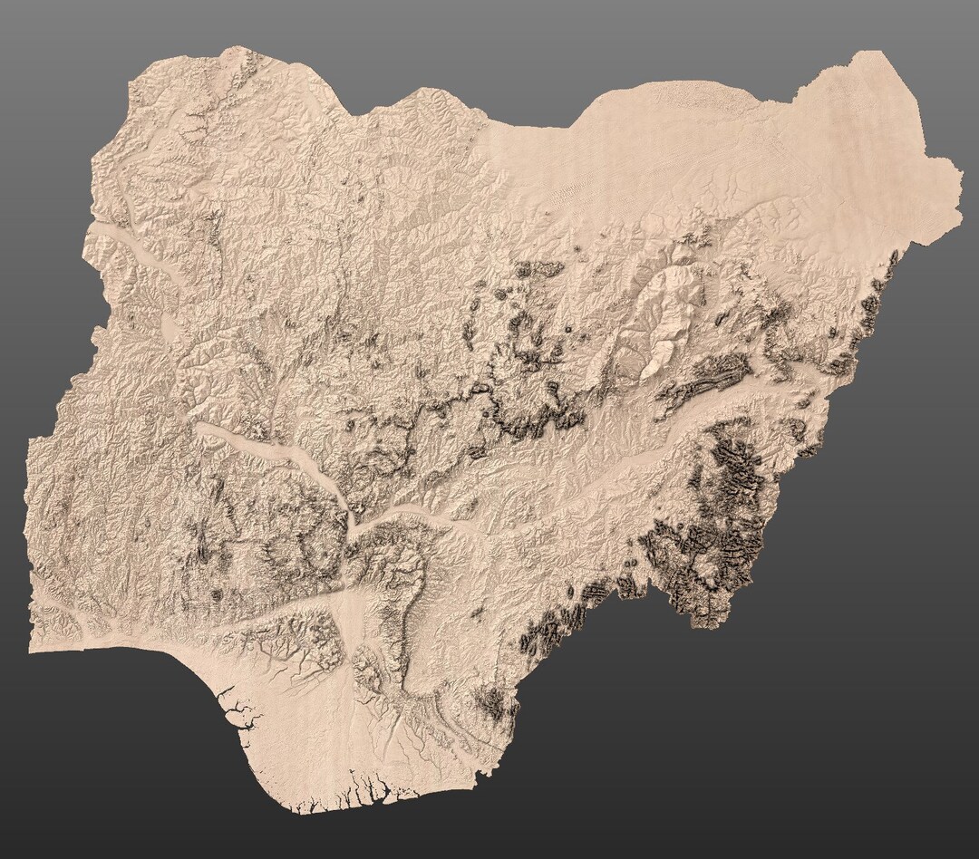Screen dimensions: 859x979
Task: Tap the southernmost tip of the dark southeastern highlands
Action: click(698, 623)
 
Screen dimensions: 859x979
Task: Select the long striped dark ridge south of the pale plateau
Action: click(707, 376)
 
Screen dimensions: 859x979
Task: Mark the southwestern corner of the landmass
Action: click(32, 649)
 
